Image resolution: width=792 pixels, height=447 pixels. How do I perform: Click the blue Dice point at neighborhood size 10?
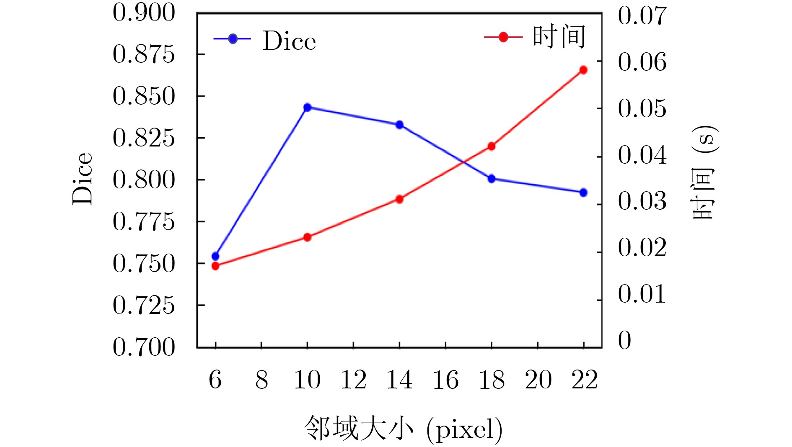click(x=307, y=108)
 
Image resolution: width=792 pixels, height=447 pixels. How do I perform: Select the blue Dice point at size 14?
click(x=399, y=125)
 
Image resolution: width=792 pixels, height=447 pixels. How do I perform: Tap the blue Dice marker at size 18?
click(x=492, y=179)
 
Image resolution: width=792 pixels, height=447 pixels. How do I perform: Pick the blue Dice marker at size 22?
click(x=583, y=193)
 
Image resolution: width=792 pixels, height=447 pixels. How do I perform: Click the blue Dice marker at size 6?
click(x=215, y=256)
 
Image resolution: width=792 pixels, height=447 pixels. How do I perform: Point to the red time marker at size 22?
click(x=583, y=70)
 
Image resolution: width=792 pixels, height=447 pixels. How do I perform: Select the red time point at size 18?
click(x=492, y=146)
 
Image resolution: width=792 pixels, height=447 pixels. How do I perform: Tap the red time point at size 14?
click(x=399, y=199)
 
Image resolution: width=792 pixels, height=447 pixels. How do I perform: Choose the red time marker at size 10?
click(x=307, y=237)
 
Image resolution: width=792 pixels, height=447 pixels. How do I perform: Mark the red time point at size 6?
click(x=215, y=266)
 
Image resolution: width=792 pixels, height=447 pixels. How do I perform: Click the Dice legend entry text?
click(x=289, y=41)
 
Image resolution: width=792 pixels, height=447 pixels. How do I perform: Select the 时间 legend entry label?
click(x=559, y=37)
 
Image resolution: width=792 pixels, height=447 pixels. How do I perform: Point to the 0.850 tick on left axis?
click(x=144, y=96)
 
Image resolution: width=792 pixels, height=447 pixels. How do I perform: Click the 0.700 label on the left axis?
click(x=144, y=347)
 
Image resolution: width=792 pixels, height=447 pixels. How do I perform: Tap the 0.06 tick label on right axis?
click(x=642, y=62)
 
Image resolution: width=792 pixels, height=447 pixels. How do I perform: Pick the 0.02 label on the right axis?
click(x=642, y=247)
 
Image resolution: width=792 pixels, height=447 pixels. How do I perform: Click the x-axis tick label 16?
click(x=445, y=380)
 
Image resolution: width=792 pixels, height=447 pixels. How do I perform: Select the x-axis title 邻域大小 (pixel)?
click(x=403, y=429)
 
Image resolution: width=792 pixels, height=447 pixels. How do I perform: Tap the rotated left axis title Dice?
click(x=82, y=179)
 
